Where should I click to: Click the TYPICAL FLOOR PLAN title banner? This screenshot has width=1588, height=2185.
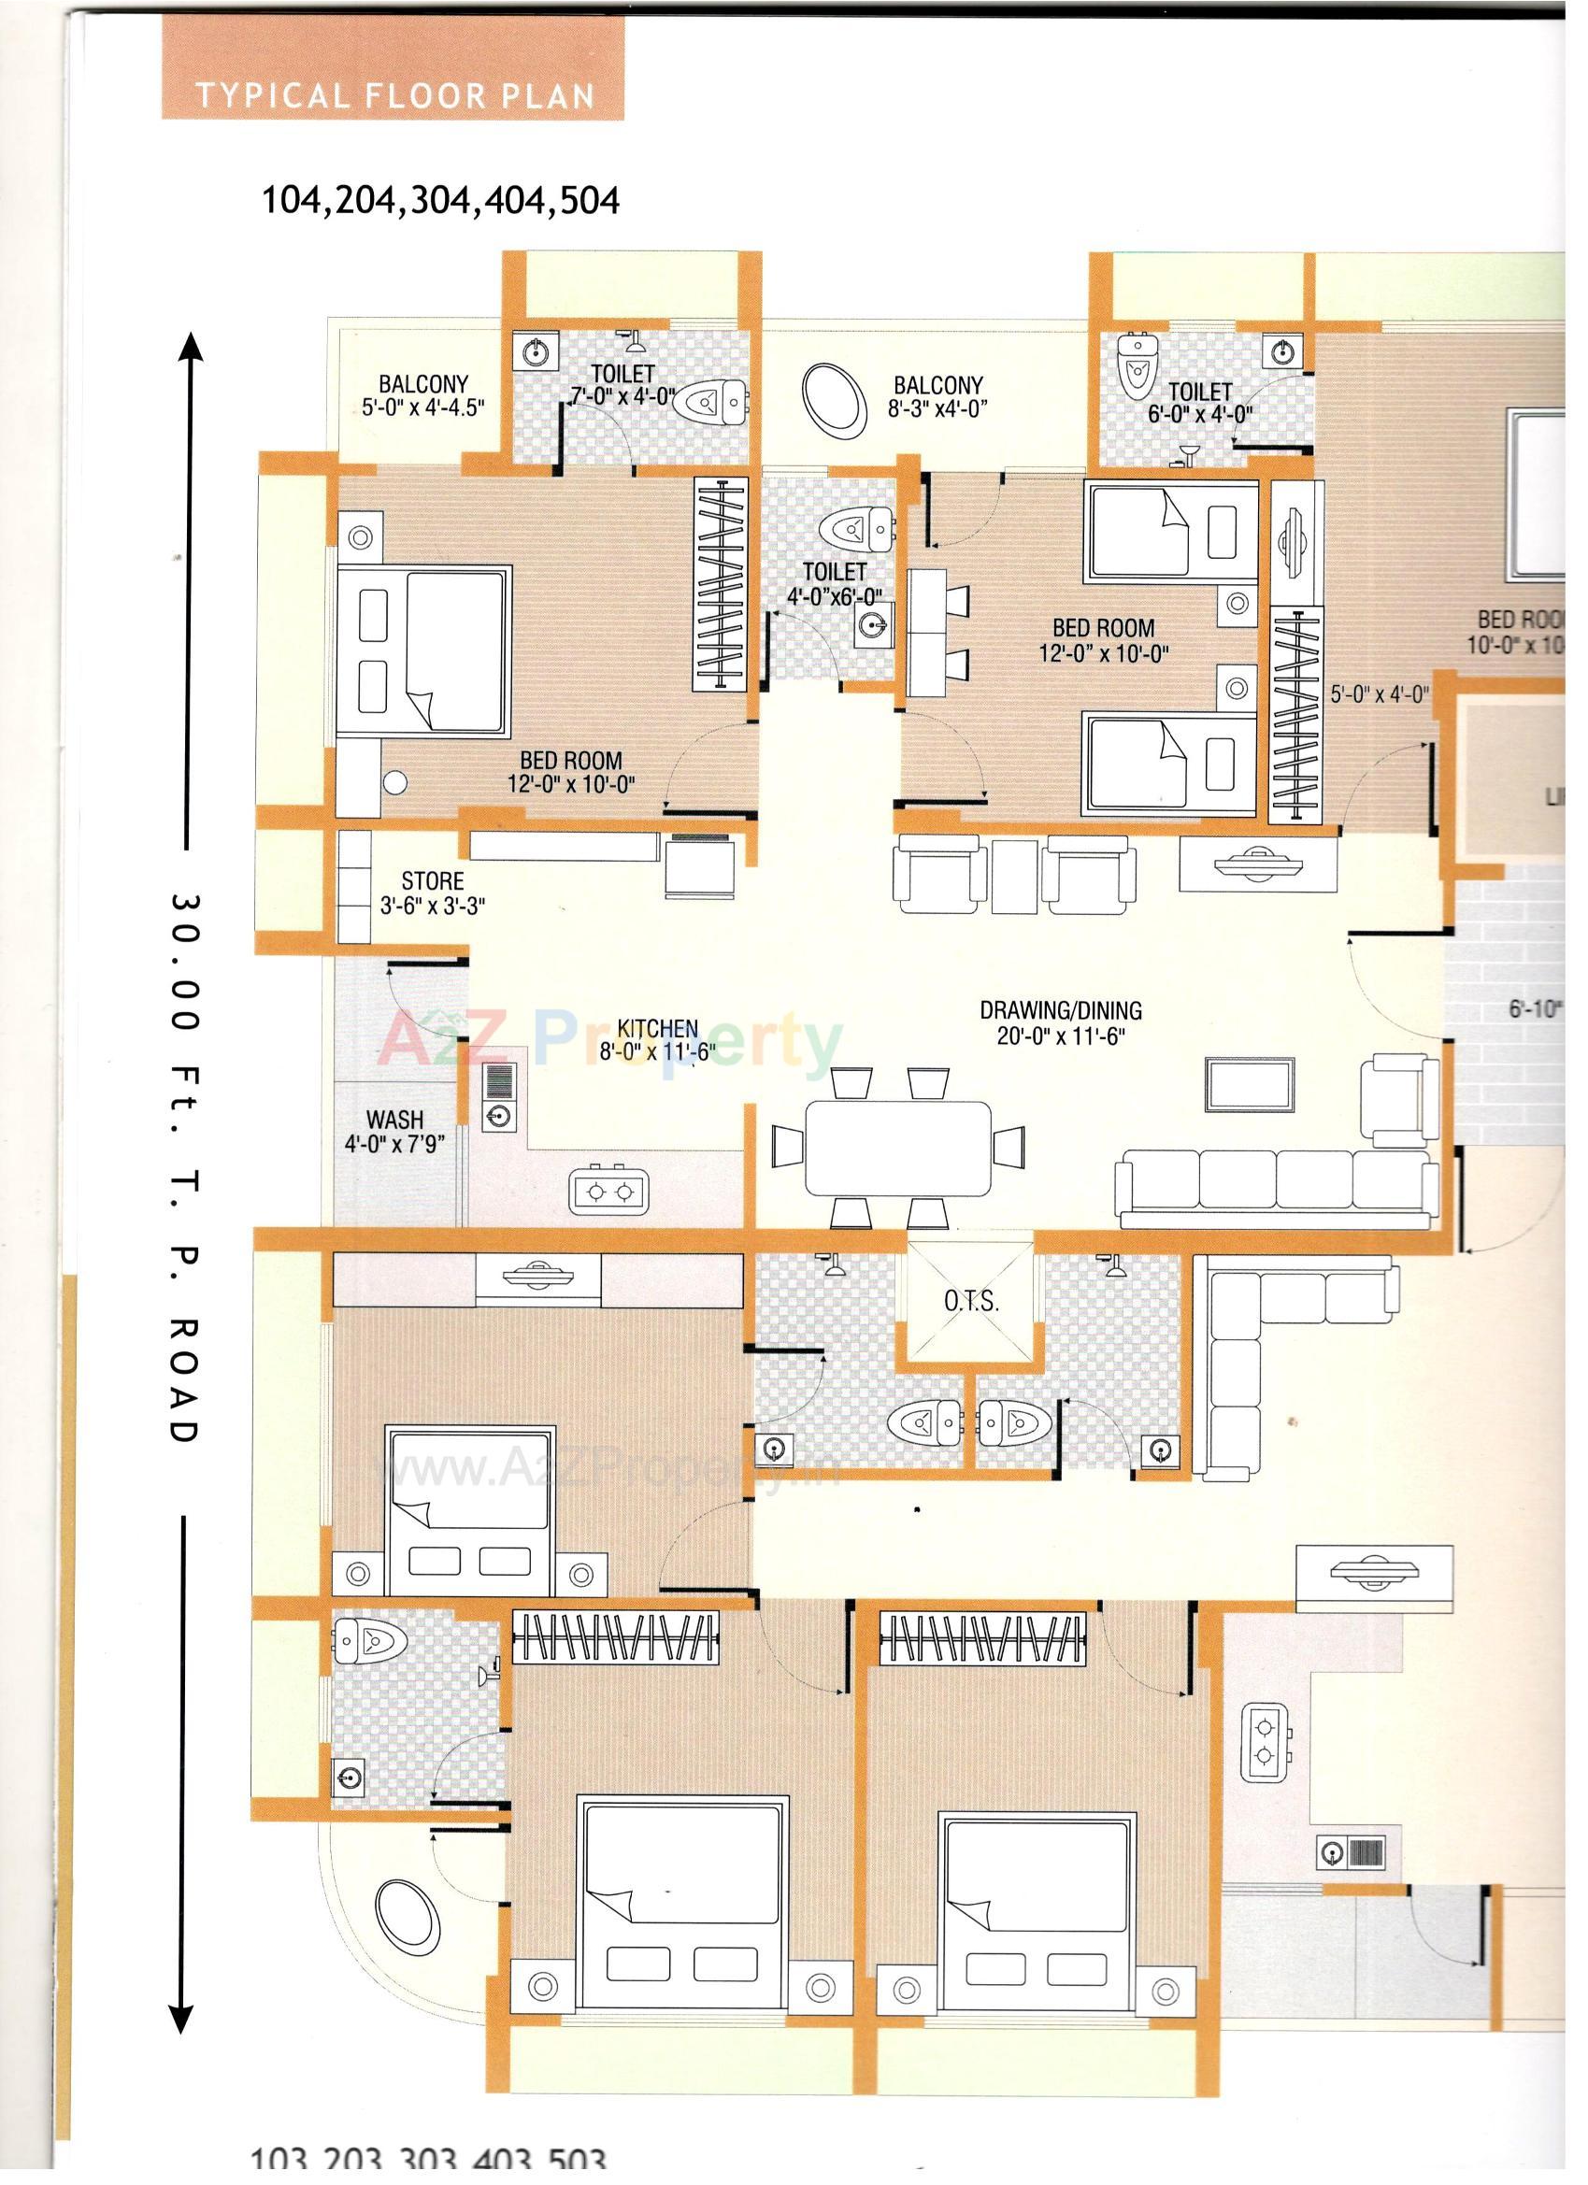(x=393, y=95)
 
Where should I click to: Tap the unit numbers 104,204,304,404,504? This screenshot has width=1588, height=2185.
(x=440, y=200)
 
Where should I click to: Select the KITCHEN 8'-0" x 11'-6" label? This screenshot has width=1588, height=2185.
(x=658, y=1040)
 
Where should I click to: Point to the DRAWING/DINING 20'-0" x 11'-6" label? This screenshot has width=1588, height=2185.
(x=1061, y=1022)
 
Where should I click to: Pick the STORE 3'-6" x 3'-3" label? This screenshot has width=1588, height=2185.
(x=433, y=893)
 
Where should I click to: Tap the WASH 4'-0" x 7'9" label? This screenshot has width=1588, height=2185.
(x=394, y=1132)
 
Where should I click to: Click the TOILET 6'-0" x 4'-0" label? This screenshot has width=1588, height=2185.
(x=1200, y=403)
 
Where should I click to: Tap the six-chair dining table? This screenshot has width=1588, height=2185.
(x=898, y=1148)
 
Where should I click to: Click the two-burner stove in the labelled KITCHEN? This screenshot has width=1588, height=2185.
(x=609, y=1192)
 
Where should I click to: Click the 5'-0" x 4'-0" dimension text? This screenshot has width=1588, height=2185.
(x=1379, y=694)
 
